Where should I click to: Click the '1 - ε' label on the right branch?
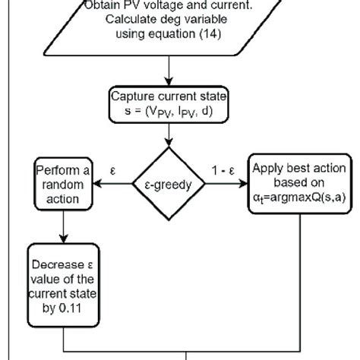coord(228,166)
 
